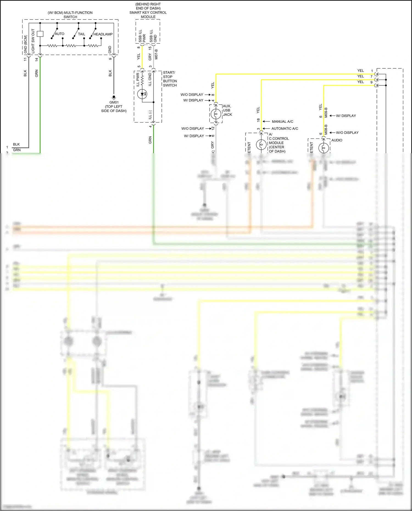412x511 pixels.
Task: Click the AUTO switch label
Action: (59, 34)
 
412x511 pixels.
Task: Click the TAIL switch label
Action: (82, 34)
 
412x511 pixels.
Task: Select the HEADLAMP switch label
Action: (103, 34)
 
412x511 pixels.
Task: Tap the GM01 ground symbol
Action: (114, 97)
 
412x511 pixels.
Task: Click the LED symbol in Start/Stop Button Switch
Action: (142, 94)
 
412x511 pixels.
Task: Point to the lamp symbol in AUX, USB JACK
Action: (216, 113)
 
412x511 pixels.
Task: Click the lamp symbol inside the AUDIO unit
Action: (324, 148)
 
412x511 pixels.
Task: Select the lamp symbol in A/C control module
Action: (261, 144)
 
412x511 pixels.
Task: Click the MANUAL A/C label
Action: (282, 122)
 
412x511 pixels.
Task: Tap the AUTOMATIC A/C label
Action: (285, 129)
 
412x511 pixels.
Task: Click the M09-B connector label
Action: (326, 113)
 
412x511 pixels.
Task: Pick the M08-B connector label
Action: (326, 130)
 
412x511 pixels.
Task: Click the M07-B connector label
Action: (156, 54)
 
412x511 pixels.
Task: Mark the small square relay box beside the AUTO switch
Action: (40, 34)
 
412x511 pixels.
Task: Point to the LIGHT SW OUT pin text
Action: (33, 41)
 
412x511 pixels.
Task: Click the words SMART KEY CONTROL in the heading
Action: (148, 13)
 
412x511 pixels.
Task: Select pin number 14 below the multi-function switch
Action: (37, 59)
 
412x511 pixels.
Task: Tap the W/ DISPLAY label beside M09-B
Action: (346, 116)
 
